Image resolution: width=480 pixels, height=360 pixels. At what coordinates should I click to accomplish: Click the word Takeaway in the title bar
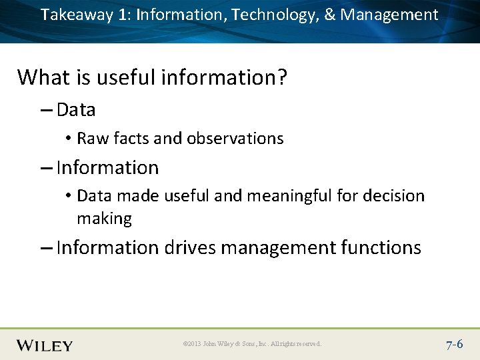click(77, 15)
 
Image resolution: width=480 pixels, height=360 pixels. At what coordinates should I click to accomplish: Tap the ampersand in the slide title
click(329, 15)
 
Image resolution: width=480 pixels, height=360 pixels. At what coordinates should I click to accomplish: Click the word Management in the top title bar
click(389, 15)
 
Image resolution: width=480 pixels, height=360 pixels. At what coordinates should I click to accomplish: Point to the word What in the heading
click(43, 77)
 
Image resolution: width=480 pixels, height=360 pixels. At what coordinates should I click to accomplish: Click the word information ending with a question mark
click(224, 77)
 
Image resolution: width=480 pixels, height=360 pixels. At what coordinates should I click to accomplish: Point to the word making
click(104, 219)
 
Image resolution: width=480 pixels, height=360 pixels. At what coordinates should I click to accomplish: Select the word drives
click(189, 248)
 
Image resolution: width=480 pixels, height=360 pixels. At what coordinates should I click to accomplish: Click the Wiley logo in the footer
click(45, 345)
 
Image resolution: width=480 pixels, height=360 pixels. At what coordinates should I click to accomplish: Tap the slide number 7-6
click(455, 345)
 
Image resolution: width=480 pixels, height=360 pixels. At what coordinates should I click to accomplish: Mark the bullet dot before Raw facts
click(69, 139)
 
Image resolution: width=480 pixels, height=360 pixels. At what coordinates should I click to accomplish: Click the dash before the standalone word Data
click(46, 110)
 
